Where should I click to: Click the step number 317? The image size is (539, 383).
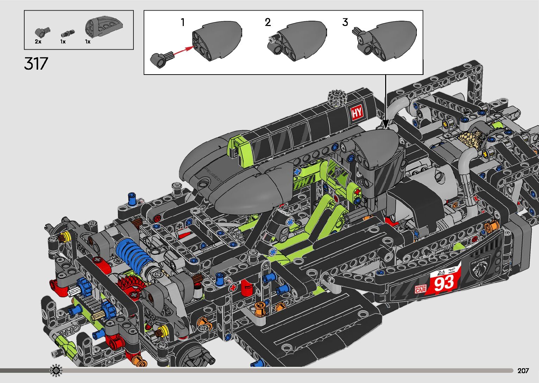point(36,64)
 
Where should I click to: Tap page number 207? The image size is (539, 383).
point(523,371)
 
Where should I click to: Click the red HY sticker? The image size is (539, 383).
point(357,113)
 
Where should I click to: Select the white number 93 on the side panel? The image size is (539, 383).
point(444,282)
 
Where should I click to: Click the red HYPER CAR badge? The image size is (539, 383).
point(420,289)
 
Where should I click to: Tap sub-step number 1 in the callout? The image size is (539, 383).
point(183,23)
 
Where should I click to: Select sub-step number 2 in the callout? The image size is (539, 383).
point(268,23)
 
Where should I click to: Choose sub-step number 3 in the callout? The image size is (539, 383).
point(345,23)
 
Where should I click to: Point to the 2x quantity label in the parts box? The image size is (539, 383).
point(38,42)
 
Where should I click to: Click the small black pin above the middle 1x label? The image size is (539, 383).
point(65,34)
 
